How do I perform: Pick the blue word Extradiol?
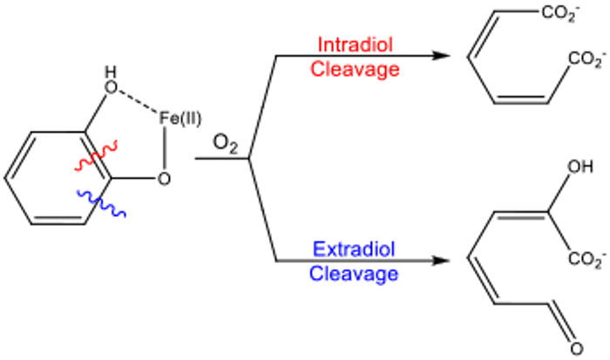[353, 249]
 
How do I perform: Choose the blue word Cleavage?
[354, 274]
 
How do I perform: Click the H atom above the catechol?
[108, 72]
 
